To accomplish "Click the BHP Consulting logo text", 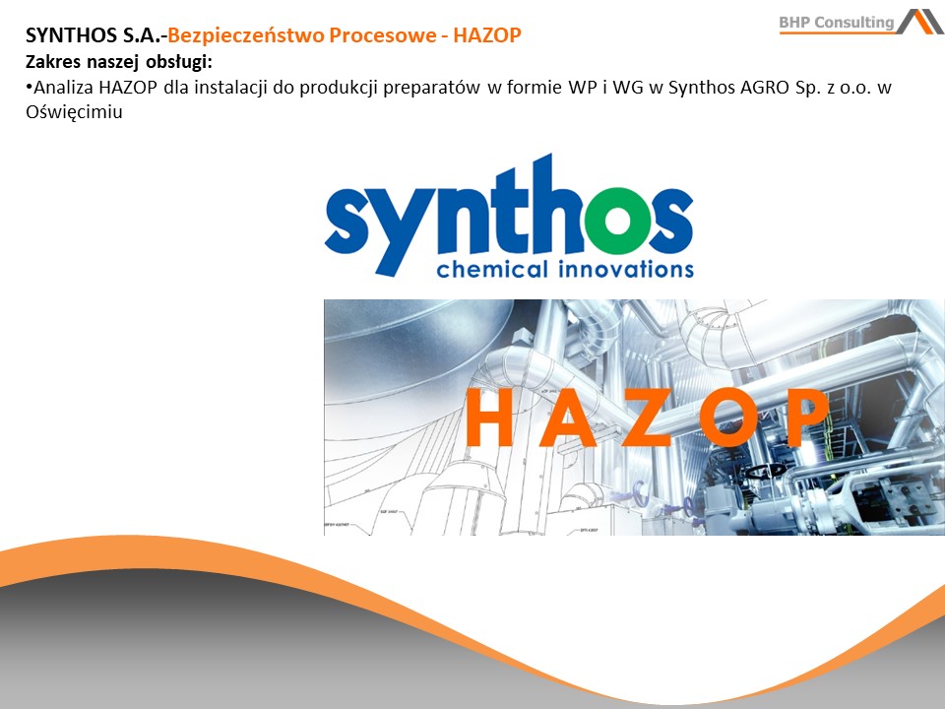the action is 836,23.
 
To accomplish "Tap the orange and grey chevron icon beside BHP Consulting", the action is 920,21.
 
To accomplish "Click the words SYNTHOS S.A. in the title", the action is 93,35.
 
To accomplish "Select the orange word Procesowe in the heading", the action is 383,35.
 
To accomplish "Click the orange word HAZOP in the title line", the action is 487,35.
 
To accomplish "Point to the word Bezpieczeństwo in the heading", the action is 245,36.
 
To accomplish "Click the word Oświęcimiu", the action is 74,112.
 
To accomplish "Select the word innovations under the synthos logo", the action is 626,269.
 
